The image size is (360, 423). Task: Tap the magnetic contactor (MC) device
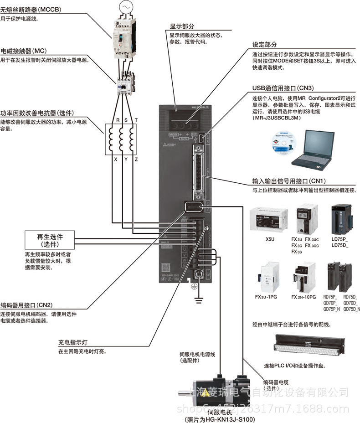(125, 82)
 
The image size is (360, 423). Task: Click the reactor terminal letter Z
(135, 160)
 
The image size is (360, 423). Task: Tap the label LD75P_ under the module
(339, 239)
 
